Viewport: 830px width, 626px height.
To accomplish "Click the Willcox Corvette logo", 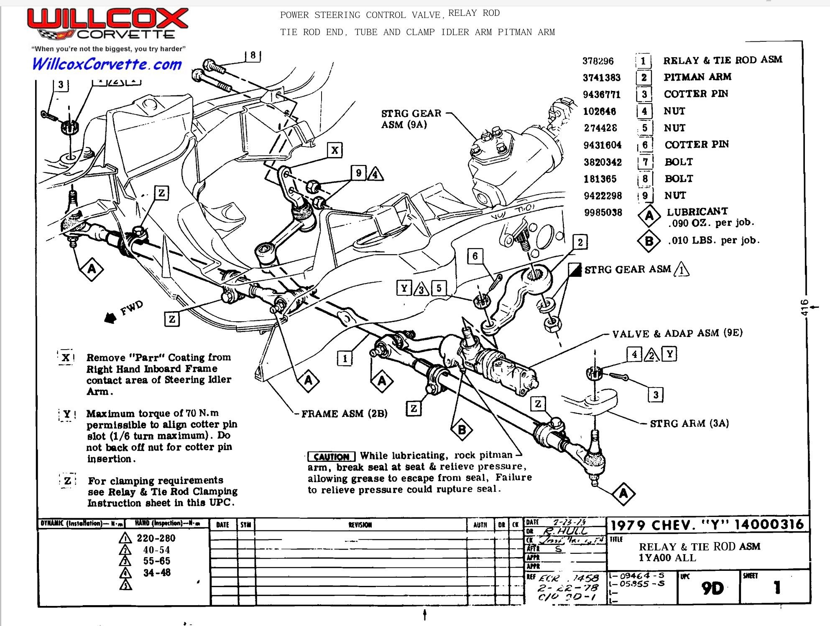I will pyautogui.click(x=107, y=25).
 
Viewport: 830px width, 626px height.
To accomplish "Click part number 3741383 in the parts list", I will pyautogui.click(x=601, y=78).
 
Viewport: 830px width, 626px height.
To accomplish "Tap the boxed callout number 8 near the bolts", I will pyautogui.click(x=253, y=56).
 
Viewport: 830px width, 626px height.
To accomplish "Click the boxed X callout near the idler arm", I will pyautogui.click(x=335, y=150).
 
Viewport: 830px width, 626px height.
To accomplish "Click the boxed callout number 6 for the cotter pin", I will pyautogui.click(x=475, y=256).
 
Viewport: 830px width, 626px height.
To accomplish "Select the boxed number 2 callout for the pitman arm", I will pyautogui.click(x=580, y=242).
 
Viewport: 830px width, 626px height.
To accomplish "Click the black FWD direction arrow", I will pyautogui.click(x=110, y=318).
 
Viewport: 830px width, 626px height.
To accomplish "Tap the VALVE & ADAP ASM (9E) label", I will pyautogui.click(x=677, y=333).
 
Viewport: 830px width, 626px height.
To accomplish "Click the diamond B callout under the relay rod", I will pyautogui.click(x=462, y=430).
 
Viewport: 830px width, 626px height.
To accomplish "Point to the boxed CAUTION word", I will pyautogui.click(x=331, y=456).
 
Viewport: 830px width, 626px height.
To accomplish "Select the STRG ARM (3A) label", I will pyautogui.click(x=689, y=423).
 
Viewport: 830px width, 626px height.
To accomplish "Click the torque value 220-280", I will pyautogui.click(x=156, y=538).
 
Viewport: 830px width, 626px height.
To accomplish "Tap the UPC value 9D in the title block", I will pyautogui.click(x=712, y=588).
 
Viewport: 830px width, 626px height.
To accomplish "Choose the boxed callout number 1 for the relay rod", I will pyautogui.click(x=345, y=358).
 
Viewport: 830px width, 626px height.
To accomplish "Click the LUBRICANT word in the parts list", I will pyautogui.click(x=697, y=211).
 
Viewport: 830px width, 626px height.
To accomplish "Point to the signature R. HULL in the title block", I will pyautogui.click(x=564, y=531).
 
